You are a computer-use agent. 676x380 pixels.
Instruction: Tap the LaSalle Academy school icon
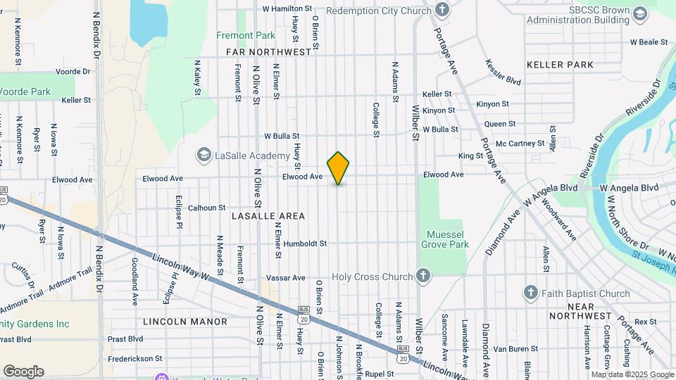204,155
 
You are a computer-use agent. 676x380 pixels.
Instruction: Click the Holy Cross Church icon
423,275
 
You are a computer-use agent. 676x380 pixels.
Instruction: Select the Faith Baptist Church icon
532,293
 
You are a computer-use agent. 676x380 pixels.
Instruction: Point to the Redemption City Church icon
442,11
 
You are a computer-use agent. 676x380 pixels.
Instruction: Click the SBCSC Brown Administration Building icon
640,14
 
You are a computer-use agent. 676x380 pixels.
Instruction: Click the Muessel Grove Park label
444,239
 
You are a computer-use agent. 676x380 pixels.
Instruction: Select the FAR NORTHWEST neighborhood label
269,52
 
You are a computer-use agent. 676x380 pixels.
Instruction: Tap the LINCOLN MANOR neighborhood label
185,322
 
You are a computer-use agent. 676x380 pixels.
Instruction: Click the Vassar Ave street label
289,278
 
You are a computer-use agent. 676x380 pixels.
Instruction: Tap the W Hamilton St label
287,8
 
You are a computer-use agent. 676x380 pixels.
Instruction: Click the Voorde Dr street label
73,72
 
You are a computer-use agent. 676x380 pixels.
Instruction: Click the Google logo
23,371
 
